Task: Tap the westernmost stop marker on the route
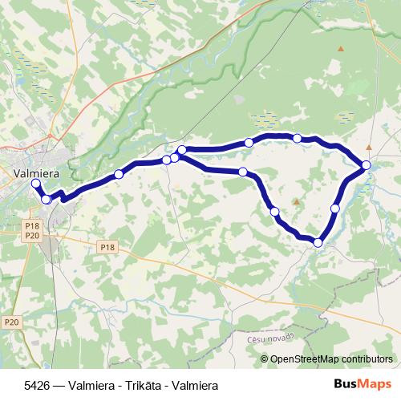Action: point(35,184)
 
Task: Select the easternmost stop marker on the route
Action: point(367,165)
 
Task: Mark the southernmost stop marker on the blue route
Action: point(318,242)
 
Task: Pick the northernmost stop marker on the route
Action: point(298,138)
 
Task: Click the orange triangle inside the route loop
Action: point(295,201)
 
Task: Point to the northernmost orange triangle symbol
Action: point(342,50)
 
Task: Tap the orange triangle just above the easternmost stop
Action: point(368,148)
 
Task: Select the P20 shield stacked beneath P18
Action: point(32,235)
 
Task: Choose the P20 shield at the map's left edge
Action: point(10,322)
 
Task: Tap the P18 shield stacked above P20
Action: point(32,226)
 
